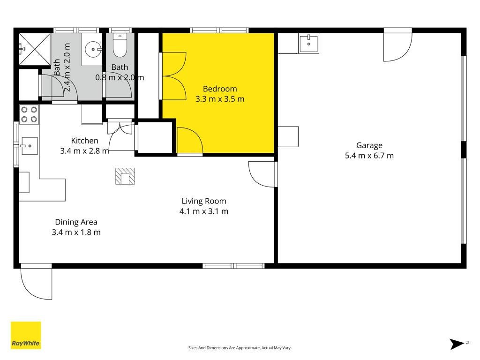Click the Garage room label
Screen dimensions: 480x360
[369, 145]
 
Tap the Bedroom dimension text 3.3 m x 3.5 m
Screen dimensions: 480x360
[220, 99]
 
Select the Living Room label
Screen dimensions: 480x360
[204, 201]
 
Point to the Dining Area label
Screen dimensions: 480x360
[76, 222]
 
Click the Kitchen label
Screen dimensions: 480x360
[84, 141]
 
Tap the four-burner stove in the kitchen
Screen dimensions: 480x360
[29, 114]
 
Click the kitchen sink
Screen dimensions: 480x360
[30, 146]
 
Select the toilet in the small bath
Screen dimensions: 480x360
[120, 45]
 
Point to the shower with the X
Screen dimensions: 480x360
[34, 49]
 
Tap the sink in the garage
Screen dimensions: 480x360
[308, 44]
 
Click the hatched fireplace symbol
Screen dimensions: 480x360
[125, 176]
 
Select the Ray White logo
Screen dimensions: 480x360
[26, 335]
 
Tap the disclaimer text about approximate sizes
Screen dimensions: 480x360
[240, 348]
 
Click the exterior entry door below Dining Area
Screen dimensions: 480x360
[36, 282]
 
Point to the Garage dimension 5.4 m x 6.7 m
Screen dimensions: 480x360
[369, 156]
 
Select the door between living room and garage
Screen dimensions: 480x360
[262, 174]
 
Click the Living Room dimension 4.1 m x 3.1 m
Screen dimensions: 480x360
[204, 211]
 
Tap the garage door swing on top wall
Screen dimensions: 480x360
[398, 45]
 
